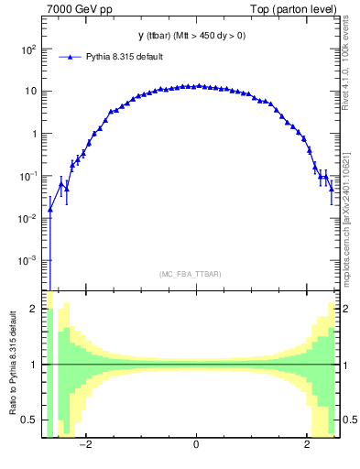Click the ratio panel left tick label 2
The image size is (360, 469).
tap(33, 310)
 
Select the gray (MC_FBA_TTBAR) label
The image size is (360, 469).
tap(190, 274)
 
